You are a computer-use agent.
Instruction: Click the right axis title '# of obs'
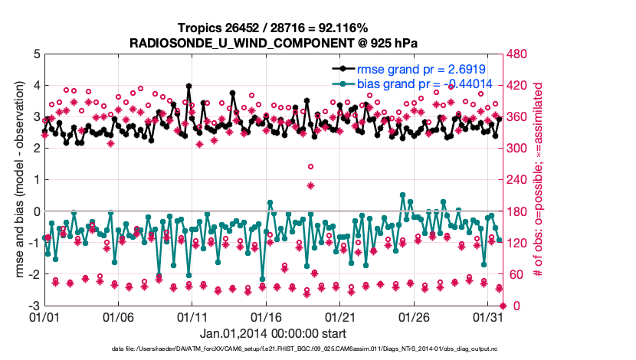(x=537, y=180)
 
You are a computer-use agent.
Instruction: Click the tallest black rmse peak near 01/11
(x=189, y=87)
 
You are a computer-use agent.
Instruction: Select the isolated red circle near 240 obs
(x=310, y=166)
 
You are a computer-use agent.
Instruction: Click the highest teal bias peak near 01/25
(x=403, y=195)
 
